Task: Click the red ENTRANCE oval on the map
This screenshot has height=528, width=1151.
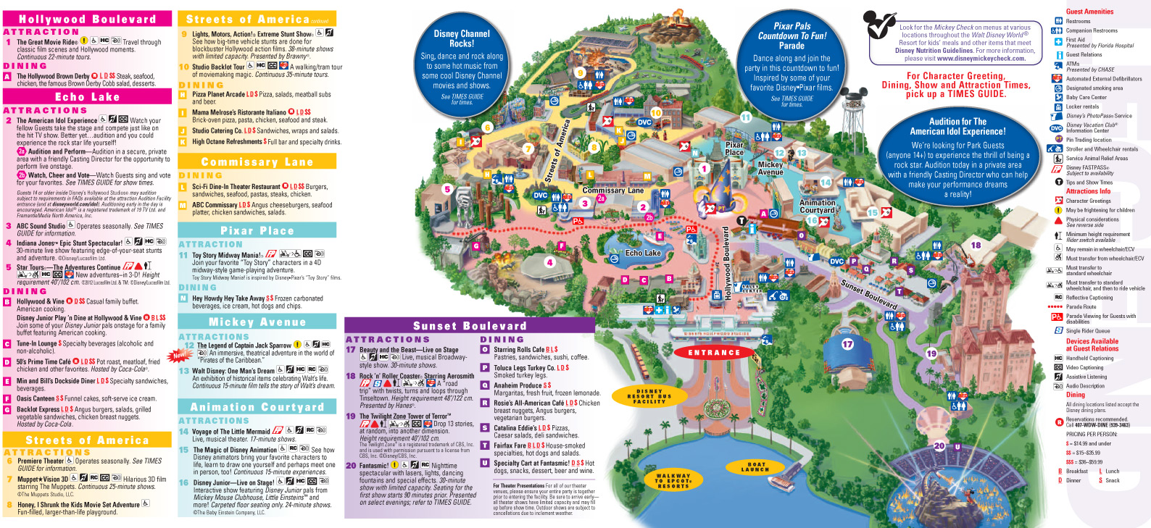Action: pyautogui.click(x=714, y=353)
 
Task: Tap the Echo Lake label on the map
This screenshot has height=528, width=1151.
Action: pyautogui.click(x=643, y=253)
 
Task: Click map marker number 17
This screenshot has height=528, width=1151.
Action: pyautogui.click(x=847, y=344)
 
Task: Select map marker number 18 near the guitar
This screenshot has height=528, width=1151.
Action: pyautogui.click(x=976, y=246)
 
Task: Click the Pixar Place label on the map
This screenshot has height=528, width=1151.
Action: pyautogui.click(x=734, y=148)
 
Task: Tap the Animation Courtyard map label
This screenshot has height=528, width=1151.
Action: pyautogui.click(x=817, y=206)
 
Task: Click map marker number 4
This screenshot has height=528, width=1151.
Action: pyautogui.click(x=550, y=263)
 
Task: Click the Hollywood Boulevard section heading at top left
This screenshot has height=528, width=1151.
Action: pyautogui.click(x=87, y=19)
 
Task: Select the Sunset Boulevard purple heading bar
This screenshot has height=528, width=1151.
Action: pyautogui.click(x=470, y=326)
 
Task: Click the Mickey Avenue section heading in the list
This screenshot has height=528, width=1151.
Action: pyautogui.click(x=257, y=322)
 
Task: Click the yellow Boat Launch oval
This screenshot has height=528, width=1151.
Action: pyautogui.click(x=755, y=467)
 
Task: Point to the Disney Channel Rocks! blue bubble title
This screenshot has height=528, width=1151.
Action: pyautogui.click(x=462, y=38)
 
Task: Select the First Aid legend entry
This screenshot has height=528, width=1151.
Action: pyautogui.click(x=1075, y=41)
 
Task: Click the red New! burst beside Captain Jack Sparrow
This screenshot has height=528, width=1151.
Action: pyautogui.click(x=178, y=355)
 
